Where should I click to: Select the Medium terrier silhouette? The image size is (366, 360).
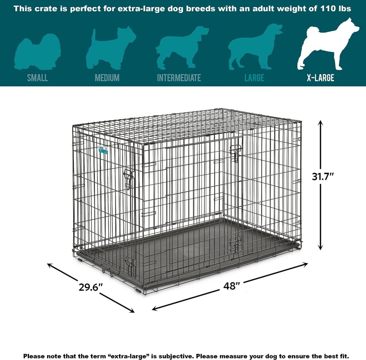[x=109, y=48]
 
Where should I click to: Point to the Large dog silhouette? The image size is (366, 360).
[x=254, y=46]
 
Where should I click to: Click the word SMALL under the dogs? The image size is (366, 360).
[x=38, y=77]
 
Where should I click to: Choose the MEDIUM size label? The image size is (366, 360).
[x=107, y=77]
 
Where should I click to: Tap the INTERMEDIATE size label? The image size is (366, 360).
[x=179, y=77]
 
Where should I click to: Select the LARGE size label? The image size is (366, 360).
[x=254, y=77]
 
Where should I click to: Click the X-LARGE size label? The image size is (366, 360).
[x=320, y=77]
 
